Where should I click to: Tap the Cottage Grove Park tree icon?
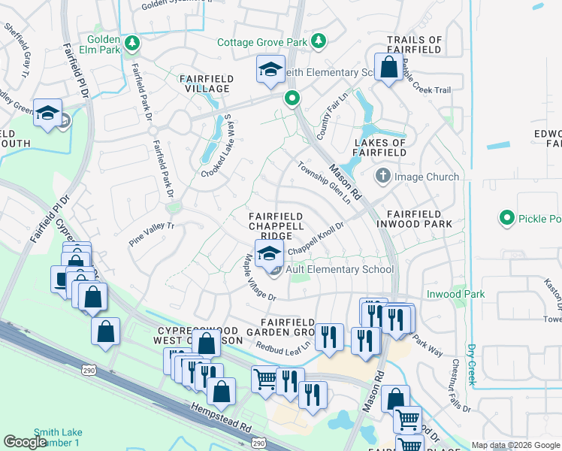[x=319, y=41]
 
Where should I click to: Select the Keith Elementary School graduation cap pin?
[x=270, y=70]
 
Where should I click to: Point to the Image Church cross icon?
[x=383, y=177]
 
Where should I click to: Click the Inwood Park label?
[x=455, y=294]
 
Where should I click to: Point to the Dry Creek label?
[x=472, y=365]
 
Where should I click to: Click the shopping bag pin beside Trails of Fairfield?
[x=389, y=69]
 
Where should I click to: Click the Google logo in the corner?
[x=25, y=441]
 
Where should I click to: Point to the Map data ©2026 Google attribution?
[x=515, y=445]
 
